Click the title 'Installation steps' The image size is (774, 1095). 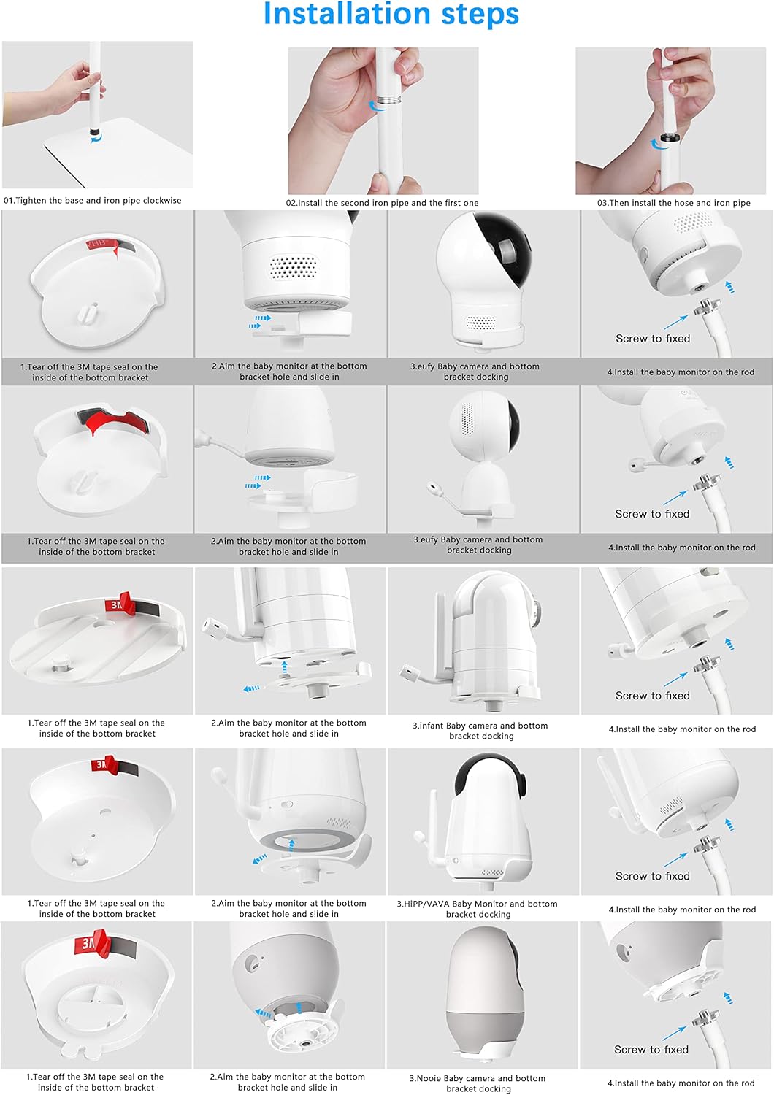pyautogui.click(x=391, y=14)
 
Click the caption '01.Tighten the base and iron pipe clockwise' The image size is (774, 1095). pyautogui.click(x=93, y=201)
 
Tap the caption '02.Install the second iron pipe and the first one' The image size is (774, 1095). pyautogui.click(x=383, y=203)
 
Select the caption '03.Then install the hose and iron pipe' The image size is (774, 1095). pyautogui.click(x=673, y=203)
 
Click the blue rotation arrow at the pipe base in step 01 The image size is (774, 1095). pyautogui.click(x=96, y=139)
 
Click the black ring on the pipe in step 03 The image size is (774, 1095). pyautogui.click(x=668, y=139)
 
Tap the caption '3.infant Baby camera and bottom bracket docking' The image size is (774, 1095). pyautogui.click(x=480, y=731)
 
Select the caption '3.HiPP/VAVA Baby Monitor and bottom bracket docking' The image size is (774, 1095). pyautogui.click(x=478, y=909)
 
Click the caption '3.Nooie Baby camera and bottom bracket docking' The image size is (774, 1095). pyautogui.click(x=478, y=1083)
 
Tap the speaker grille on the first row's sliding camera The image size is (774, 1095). pyautogui.click(x=292, y=266)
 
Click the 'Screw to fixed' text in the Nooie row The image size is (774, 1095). pyautogui.click(x=651, y=1050)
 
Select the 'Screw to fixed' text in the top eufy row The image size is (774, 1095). pyautogui.click(x=653, y=338)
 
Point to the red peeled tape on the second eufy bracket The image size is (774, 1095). pyautogui.click(x=113, y=420)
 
